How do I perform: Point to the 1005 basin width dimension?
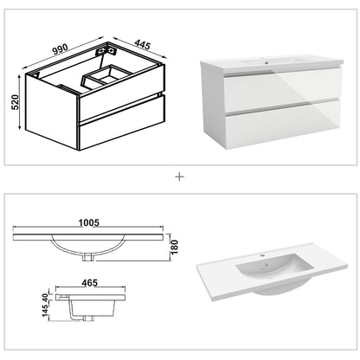[x=86, y=221]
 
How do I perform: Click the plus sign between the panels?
[x=179, y=177]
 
